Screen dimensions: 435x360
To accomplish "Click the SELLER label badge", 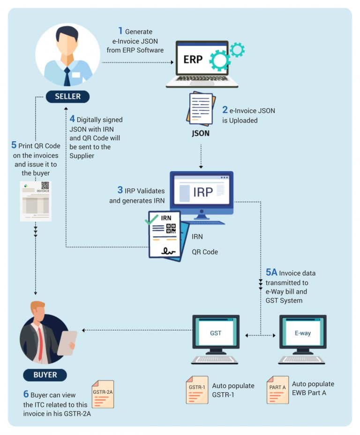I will point(67,97).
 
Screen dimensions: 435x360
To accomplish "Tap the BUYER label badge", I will point(45,375).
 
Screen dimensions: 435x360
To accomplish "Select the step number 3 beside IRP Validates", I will point(120,191).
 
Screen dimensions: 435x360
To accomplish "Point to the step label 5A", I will point(272,273).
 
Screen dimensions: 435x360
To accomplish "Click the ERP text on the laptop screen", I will point(193,60).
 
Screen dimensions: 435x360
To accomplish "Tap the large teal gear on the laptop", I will point(219,60).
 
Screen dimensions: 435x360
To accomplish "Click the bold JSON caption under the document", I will point(201,133).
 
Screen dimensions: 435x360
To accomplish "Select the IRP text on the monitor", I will point(202,192).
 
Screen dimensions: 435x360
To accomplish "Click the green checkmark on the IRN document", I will point(151,219).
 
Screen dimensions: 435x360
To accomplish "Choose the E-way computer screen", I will point(302,334).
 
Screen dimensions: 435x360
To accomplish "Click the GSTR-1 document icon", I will point(197,389).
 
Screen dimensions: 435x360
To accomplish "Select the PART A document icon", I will point(278,389).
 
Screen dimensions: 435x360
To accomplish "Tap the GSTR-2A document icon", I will point(102,394).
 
